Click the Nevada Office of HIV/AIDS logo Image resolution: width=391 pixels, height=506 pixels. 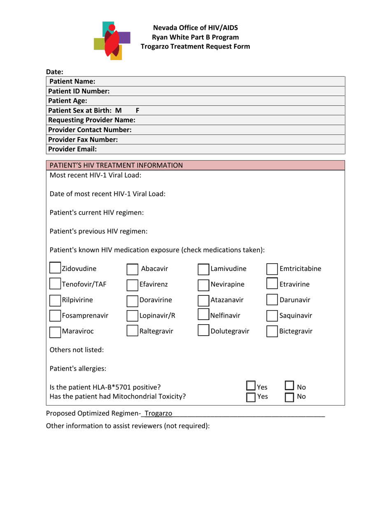click(x=112, y=40)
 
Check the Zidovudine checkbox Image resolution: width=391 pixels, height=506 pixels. click(x=55, y=269)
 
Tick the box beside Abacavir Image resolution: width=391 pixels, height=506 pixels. click(x=132, y=269)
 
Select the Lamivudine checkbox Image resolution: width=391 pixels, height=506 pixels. click(x=203, y=269)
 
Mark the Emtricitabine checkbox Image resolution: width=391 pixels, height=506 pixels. click(x=272, y=269)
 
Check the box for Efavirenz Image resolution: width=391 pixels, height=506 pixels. click(x=132, y=285)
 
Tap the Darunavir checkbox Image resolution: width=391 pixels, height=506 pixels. click(x=272, y=300)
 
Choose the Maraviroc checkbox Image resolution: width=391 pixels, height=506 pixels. click(x=55, y=331)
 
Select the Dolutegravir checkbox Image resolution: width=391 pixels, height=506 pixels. click(x=203, y=331)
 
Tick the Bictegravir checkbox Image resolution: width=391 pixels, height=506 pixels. click(x=272, y=331)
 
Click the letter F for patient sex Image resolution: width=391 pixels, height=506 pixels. click(x=138, y=110)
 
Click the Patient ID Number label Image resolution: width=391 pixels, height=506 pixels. click(x=79, y=91)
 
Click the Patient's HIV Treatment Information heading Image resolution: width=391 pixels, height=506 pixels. click(x=116, y=165)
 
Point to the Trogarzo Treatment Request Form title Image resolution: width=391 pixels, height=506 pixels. click(x=195, y=46)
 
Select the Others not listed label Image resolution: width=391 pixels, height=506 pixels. click(x=77, y=350)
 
